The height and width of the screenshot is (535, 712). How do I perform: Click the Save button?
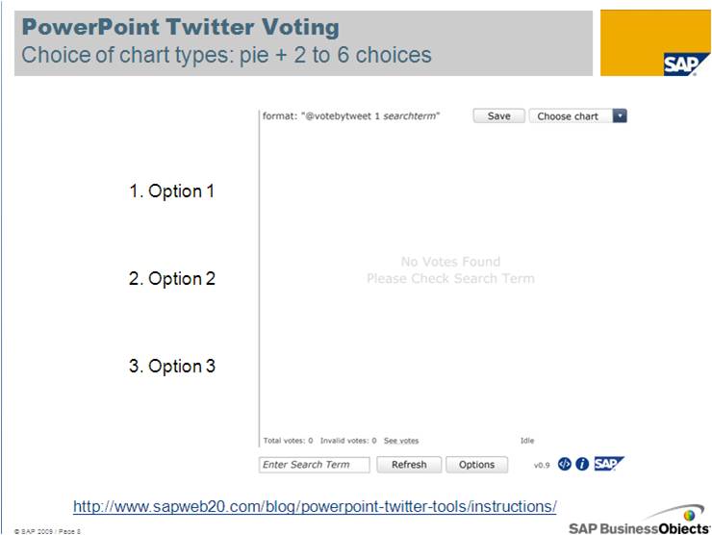tap(498, 115)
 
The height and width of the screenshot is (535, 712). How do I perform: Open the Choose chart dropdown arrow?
tap(620, 115)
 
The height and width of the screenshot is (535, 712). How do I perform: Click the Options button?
tap(477, 465)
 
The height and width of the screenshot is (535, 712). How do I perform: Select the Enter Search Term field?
tap(315, 465)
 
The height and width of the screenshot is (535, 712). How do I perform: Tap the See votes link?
tap(401, 441)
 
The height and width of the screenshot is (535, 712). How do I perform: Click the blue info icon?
tap(582, 464)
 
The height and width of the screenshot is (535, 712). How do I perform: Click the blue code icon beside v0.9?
tap(565, 464)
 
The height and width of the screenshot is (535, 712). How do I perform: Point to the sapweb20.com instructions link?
tap(315, 506)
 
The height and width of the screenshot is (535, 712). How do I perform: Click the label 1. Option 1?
tap(171, 191)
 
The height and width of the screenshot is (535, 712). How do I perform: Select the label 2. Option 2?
tap(171, 278)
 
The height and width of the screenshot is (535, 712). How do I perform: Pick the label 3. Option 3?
tap(171, 366)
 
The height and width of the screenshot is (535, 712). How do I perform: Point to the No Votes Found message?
tap(450, 262)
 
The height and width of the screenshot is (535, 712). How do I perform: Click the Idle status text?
tap(527, 441)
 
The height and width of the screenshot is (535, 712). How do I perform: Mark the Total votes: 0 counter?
tap(288, 441)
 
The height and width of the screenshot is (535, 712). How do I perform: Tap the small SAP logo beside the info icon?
tap(609, 464)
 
